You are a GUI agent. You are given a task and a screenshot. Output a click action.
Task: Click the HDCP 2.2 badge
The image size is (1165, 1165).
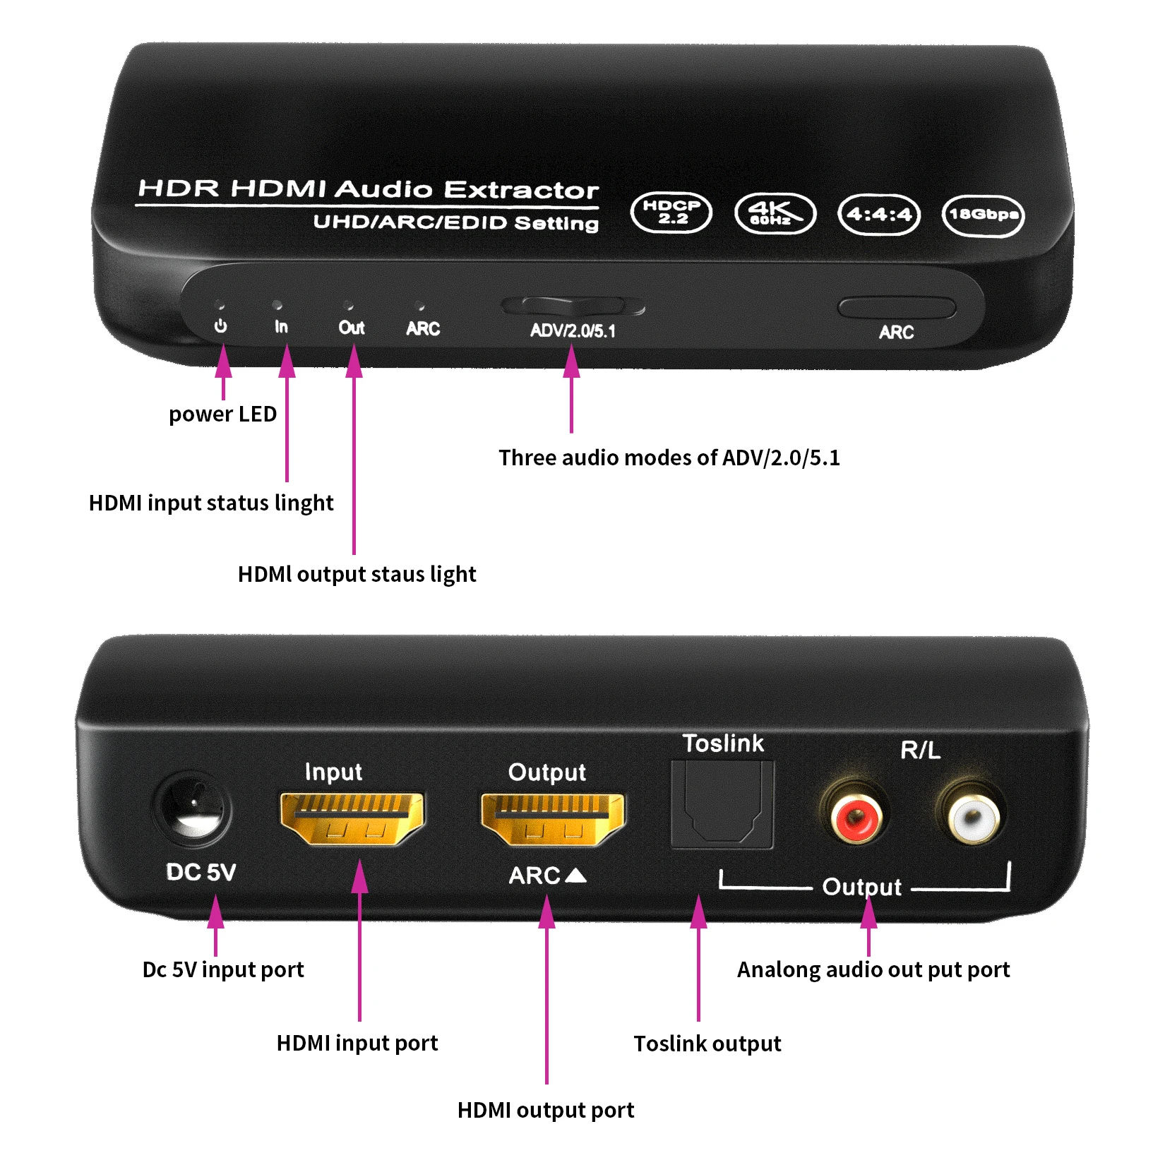671,213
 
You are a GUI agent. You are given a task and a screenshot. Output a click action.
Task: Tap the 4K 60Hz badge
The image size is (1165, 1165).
775,213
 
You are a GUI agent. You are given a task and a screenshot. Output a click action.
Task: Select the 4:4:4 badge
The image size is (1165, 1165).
879,214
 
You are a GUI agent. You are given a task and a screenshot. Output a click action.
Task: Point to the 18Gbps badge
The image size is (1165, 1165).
983,215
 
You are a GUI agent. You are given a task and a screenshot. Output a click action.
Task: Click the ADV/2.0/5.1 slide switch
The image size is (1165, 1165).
573,306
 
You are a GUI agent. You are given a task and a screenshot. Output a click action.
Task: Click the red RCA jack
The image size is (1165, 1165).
855,818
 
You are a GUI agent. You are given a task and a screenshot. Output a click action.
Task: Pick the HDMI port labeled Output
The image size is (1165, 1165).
553,819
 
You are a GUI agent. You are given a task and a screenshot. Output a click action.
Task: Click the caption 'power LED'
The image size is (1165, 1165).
222,414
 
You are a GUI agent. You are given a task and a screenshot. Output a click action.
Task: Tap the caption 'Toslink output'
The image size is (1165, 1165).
707,1044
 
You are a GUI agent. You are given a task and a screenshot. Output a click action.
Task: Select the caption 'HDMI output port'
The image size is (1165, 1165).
545,1111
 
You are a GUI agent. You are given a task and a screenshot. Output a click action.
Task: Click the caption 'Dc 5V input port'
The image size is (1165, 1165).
223,969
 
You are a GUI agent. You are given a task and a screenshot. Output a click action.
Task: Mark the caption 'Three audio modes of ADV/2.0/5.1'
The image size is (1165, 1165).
669,458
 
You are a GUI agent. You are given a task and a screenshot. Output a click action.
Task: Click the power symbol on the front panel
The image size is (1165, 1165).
221,325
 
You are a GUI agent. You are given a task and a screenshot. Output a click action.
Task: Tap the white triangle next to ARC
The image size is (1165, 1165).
576,876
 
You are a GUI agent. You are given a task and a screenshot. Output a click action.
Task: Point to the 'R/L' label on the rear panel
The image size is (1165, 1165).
920,750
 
